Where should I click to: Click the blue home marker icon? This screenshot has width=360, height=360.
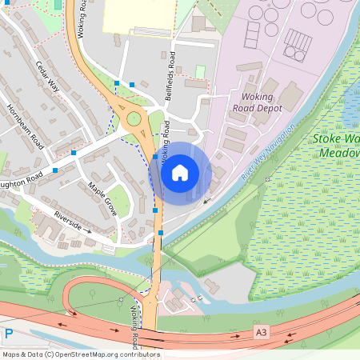pyautogui.click(x=180, y=172)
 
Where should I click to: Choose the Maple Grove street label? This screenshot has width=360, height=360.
pyautogui.click(x=102, y=200)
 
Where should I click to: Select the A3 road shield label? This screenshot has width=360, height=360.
pyautogui.click(x=260, y=331)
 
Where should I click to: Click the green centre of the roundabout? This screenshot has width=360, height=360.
pyautogui.click(x=134, y=121)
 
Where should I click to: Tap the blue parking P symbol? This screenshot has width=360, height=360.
pyautogui.click(x=9, y=334)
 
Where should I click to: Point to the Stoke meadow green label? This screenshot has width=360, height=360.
pyautogui.click(x=336, y=144)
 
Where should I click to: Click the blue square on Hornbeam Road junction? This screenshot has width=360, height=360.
pyautogui.click(x=74, y=152)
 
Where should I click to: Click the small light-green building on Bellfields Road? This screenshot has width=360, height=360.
pyautogui.click(x=200, y=71)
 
